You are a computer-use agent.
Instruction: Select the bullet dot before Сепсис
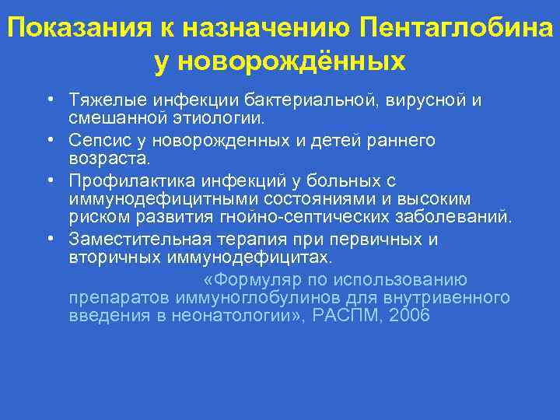pyautogui.click(x=49, y=141)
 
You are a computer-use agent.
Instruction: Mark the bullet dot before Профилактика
pyautogui.click(x=49, y=181)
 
